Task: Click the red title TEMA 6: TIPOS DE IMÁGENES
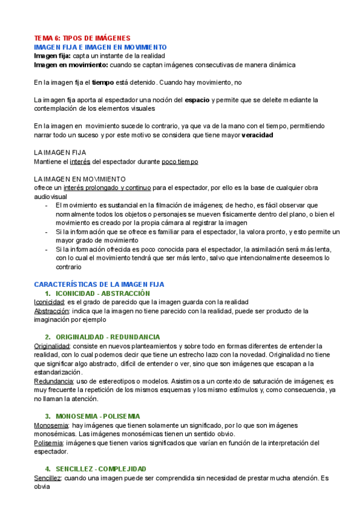[82, 38]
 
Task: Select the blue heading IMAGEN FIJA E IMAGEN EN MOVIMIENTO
[100, 47]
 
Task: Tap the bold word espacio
[198, 100]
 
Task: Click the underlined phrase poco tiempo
[180, 162]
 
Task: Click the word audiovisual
[50, 197]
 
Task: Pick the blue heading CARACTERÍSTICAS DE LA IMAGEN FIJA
[99, 284]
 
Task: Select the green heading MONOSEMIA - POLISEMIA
[97, 416]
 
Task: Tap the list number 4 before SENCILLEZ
[47, 469]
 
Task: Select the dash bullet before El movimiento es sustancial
[47, 206]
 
